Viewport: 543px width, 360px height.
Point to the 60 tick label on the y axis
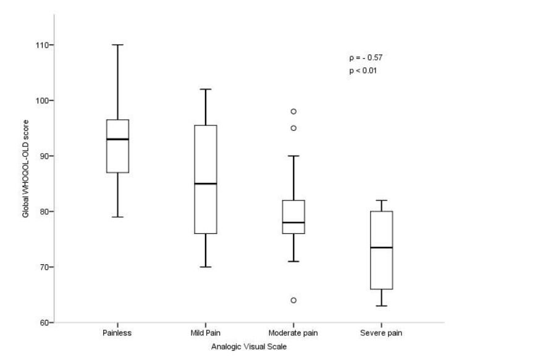(44, 322)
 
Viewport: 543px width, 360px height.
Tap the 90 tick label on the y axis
(44, 156)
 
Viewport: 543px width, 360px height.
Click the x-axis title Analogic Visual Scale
(250, 346)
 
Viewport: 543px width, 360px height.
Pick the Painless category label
(117, 333)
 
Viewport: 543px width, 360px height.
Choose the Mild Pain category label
(205, 333)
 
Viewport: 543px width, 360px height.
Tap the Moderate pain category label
(293, 333)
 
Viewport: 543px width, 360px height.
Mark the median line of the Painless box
(117, 139)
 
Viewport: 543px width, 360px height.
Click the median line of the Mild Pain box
(205, 183)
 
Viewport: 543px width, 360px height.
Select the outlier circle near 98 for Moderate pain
(293, 112)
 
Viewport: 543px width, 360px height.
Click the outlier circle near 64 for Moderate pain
(293, 300)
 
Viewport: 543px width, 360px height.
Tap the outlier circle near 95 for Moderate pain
(293, 128)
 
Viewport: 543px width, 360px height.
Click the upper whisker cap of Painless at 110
(117, 45)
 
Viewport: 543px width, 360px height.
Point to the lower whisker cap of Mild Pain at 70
(205, 267)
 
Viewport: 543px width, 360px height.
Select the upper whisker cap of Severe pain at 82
(381, 200)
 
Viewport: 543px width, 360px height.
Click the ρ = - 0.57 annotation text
(366, 57)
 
